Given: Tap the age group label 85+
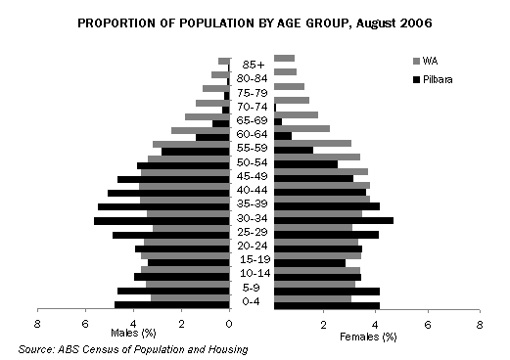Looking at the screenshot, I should pyautogui.click(x=253, y=66).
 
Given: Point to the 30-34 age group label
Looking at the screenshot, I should pyautogui.click(x=253, y=217).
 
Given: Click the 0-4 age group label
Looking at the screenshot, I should pyautogui.click(x=253, y=301).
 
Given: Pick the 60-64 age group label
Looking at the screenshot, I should pyautogui.click(x=253, y=134).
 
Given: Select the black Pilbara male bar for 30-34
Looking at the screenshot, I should pyautogui.click(x=162, y=221).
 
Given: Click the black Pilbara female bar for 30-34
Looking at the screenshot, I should pyautogui.click(x=334, y=221).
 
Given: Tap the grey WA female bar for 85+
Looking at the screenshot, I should pyautogui.click(x=285, y=59).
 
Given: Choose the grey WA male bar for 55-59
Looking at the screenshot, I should pyautogui.click(x=191, y=144).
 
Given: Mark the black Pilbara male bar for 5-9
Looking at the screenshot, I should pyautogui.click(x=173, y=291).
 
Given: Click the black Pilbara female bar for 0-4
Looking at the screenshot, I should pyautogui.click(x=327, y=305).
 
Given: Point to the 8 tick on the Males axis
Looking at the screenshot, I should pyautogui.click(x=37, y=323).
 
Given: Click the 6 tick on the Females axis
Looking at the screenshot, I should pyautogui.click(x=428, y=323).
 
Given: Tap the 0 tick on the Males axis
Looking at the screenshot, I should pyautogui.click(x=229, y=323).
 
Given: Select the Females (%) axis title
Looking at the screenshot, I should pyautogui.click(x=368, y=336).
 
